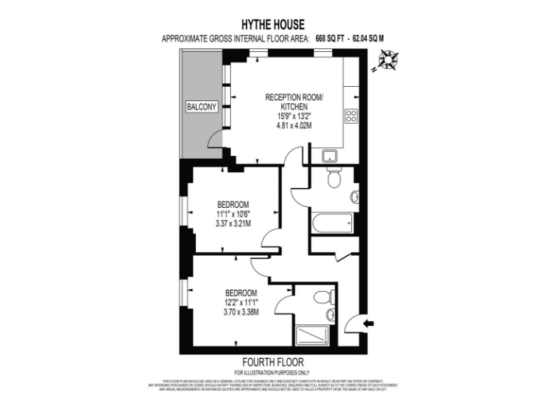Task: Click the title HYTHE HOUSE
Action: [273, 25]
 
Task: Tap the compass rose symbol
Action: [386, 63]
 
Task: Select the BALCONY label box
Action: [201, 107]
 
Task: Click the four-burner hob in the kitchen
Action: [352, 115]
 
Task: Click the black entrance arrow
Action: [368, 324]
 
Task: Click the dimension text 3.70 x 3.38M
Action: [241, 311]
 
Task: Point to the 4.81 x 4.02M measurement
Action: [294, 125]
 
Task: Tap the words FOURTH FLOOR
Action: [273, 362]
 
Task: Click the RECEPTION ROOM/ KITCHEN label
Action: [294, 101]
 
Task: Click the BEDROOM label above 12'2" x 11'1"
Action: [241, 293]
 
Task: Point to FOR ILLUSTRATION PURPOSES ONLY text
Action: [273, 372]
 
